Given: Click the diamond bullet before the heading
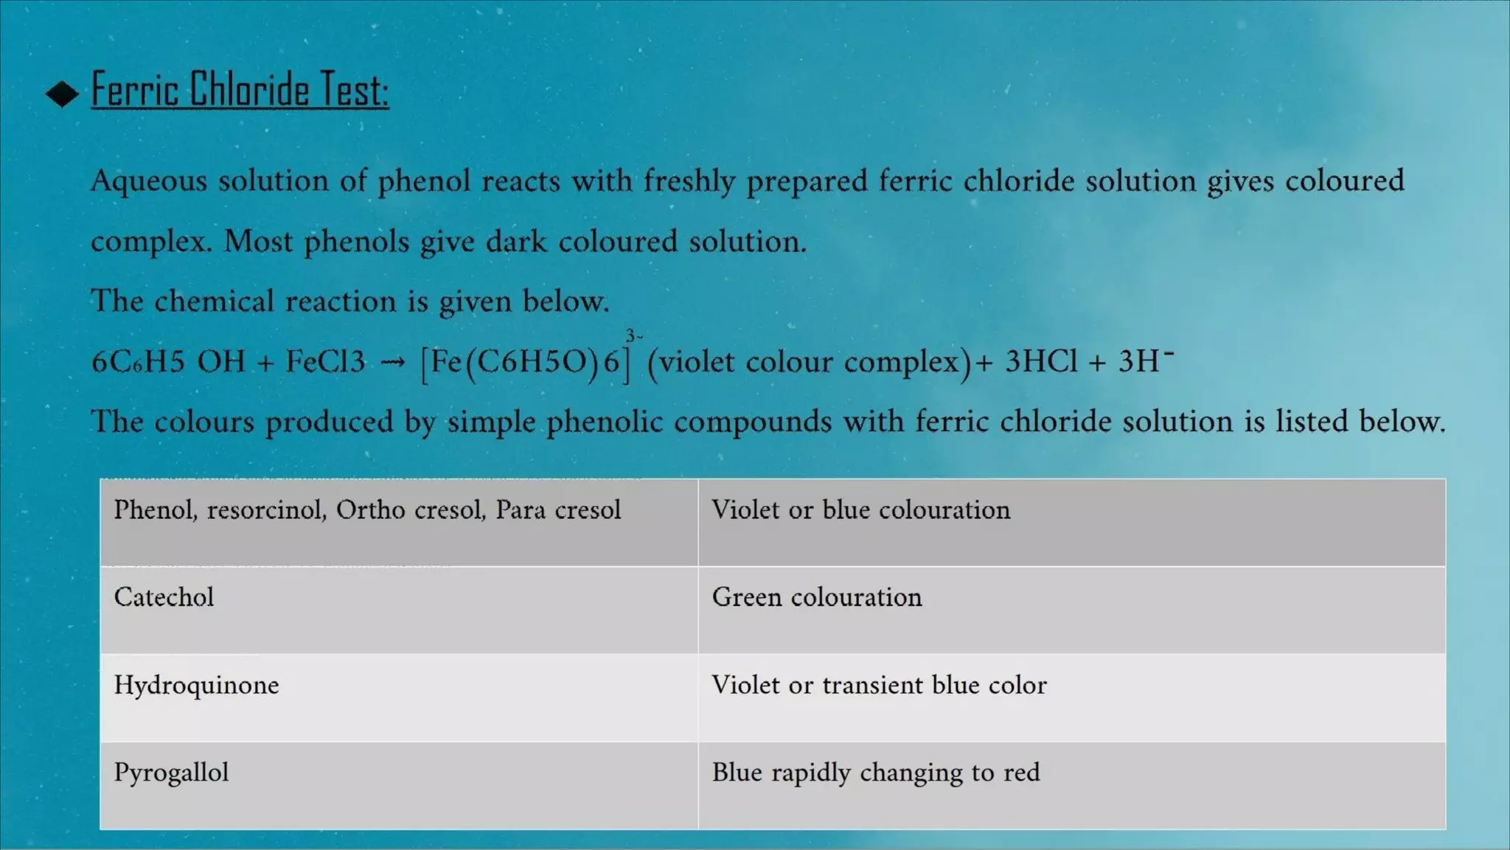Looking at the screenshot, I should tap(62, 94).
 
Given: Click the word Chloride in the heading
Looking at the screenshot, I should tap(249, 90).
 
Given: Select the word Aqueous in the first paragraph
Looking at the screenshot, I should tap(148, 181).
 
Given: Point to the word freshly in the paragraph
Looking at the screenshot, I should tap(689, 181).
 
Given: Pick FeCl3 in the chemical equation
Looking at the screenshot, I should tap(325, 361).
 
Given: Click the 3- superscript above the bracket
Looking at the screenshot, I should tap(633, 336).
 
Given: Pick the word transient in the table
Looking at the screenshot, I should tap(872, 685).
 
